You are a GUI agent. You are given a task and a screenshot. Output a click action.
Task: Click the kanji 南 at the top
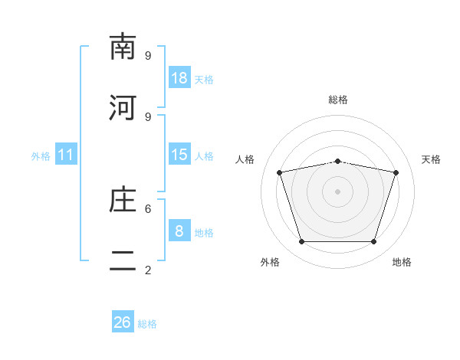tap(123, 46)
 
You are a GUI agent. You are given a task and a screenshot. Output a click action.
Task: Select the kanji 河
tap(123, 107)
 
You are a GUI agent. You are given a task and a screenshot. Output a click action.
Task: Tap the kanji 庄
tap(123, 199)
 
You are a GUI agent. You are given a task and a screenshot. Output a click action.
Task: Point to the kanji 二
tap(123, 260)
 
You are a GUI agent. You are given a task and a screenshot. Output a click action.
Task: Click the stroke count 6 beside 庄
tap(148, 209)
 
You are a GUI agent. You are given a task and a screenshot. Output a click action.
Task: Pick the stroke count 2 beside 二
tap(148, 270)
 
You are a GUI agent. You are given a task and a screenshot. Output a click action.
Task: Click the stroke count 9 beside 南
tap(148, 55)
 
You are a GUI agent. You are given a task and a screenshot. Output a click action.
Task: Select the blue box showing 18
tap(179, 77)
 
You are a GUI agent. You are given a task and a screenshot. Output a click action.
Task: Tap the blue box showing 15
tap(179, 154)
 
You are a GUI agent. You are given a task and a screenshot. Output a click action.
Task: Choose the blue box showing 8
tap(179, 230)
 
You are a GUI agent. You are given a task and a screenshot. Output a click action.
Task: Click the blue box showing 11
tap(66, 154)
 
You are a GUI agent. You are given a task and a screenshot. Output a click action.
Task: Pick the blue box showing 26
tap(123, 321)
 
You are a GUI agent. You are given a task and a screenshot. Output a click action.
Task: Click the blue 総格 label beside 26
tap(147, 324)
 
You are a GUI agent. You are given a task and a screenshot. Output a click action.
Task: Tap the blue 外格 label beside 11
tap(41, 156)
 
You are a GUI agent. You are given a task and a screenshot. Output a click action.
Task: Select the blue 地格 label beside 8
tap(204, 233)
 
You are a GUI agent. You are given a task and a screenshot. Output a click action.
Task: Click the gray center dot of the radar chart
tap(337, 191)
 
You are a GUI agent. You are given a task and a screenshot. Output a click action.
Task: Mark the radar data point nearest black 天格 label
tap(396, 172)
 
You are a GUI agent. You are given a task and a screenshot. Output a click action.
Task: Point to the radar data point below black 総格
tap(337, 162)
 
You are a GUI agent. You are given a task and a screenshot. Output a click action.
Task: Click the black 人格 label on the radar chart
tap(245, 159)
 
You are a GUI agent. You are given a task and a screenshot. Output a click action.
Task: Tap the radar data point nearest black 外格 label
tap(301, 241)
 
